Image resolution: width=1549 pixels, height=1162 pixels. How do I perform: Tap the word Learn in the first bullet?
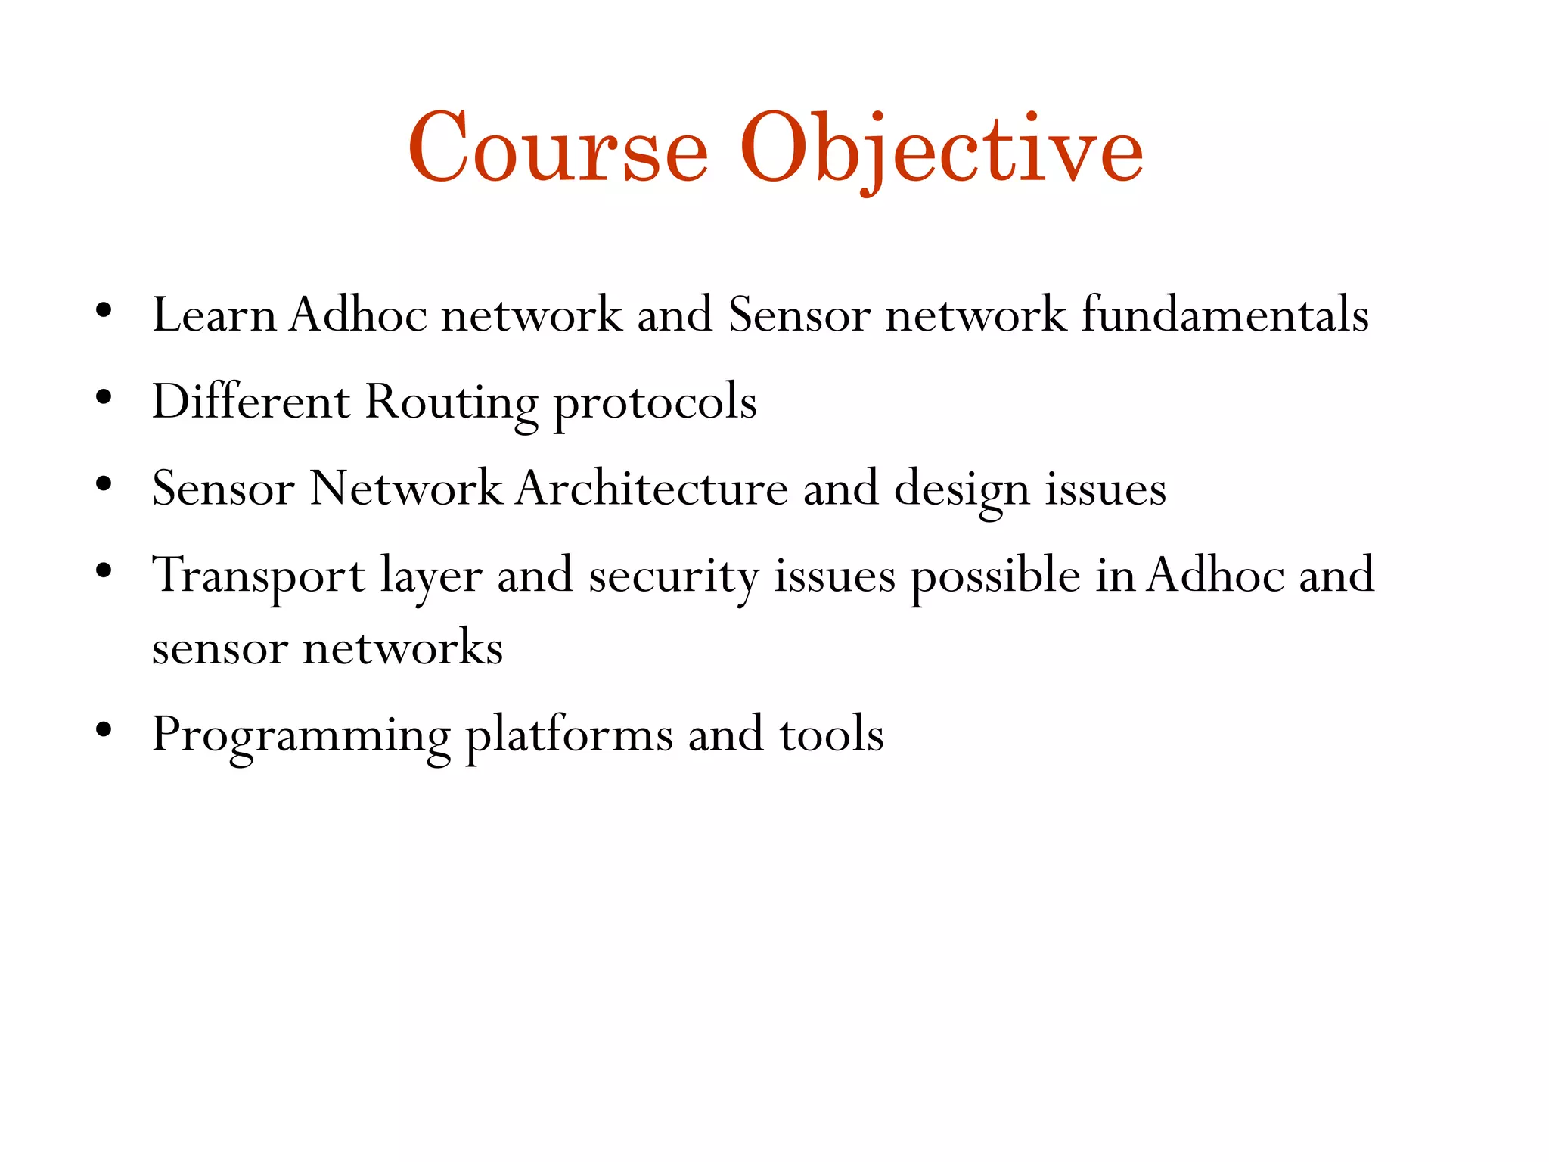point(214,315)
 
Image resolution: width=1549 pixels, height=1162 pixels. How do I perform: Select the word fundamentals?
point(1225,315)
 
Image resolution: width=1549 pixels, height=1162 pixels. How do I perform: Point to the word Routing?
point(452,402)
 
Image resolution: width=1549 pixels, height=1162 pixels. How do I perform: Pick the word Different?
point(251,401)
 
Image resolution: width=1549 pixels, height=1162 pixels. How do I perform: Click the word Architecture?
point(652,488)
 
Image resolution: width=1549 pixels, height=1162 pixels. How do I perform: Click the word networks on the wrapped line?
point(402,648)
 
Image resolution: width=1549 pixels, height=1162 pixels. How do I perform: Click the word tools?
point(831,735)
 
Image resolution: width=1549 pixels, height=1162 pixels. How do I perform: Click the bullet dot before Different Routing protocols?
point(104,396)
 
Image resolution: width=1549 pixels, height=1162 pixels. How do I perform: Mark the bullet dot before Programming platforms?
point(104,729)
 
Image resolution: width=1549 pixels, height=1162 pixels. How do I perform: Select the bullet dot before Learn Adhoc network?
point(104,309)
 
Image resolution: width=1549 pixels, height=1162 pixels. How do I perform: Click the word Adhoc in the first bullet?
point(358,315)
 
